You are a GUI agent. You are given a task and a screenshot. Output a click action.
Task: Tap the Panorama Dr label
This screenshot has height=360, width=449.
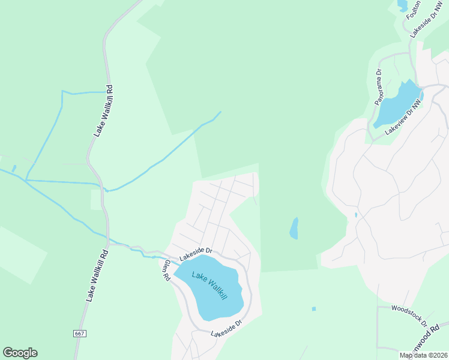tap(378, 88)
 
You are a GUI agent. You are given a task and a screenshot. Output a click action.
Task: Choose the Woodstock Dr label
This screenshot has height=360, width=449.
tap(409, 315)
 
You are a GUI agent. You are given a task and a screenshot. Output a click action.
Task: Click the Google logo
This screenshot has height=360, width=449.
tap(20, 353)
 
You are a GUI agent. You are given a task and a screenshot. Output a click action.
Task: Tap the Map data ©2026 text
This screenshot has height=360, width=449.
tap(424, 355)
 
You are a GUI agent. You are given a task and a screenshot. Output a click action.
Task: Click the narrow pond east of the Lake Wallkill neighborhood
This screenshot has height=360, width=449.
tap(294, 228)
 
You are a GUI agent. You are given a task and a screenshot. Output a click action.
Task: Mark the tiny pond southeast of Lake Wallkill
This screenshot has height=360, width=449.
tap(313, 309)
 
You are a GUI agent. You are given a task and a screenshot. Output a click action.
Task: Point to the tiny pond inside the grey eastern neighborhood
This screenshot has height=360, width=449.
tap(356, 214)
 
